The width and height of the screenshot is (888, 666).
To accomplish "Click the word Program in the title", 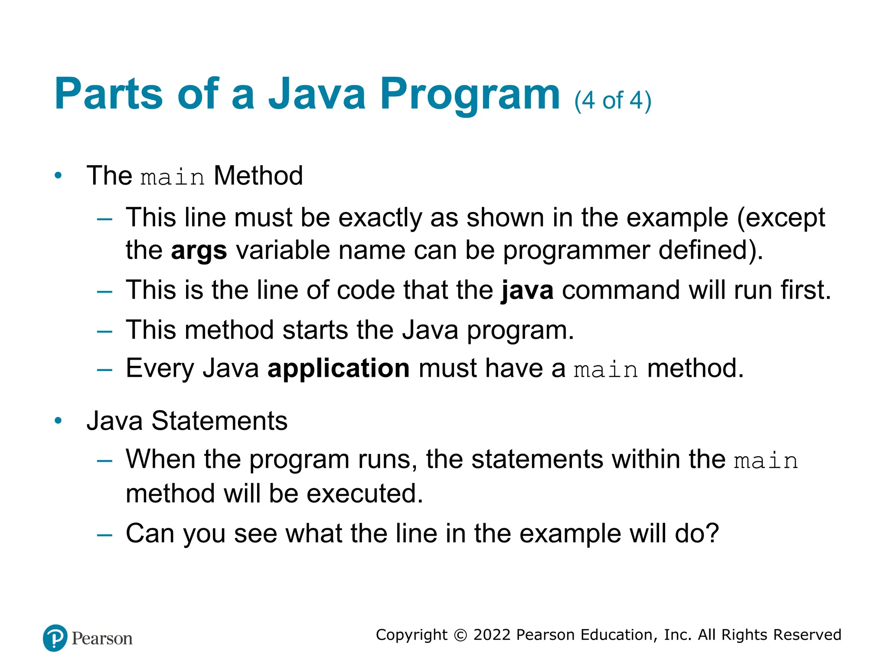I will click(470, 95).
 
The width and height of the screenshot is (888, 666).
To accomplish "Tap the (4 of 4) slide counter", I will click(612, 101).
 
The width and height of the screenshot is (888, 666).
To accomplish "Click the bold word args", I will click(199, 251).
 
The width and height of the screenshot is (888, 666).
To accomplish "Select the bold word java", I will click(527, 290).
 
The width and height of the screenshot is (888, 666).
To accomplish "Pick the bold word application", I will click(338, 369).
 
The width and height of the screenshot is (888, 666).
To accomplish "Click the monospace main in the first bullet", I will click(172, 177).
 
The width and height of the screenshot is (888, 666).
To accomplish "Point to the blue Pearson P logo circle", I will click(55, 638).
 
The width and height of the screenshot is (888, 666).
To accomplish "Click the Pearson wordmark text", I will click(102, 639).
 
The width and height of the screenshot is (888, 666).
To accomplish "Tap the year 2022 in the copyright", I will click(492, 635).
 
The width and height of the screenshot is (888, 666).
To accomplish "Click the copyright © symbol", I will click(460, 635).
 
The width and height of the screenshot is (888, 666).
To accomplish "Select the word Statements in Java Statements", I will click(219, 421).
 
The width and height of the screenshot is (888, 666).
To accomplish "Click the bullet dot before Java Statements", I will click(58, 421).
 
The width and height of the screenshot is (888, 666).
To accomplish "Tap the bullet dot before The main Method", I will click(58, 176).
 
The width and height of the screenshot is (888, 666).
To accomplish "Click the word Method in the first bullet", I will click(258, 176).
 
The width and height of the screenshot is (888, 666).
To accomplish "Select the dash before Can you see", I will click(104, 535).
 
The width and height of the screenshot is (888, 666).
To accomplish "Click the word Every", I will click(160, 369).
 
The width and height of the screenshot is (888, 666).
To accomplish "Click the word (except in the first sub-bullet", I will click(781, 218).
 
